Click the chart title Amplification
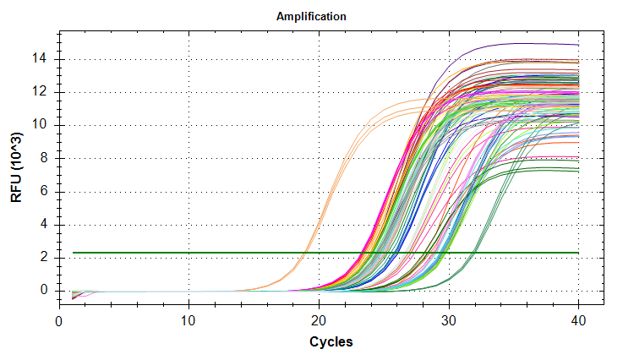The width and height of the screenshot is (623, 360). click(312, 16)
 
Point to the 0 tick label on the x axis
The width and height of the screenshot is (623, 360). click(59, 321)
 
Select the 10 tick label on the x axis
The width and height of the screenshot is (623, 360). click(189, 321)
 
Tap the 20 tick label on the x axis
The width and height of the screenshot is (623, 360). click(320, 321)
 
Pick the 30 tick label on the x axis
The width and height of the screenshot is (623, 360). click(449, 321)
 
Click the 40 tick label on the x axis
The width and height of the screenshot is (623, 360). click(579, 321)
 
